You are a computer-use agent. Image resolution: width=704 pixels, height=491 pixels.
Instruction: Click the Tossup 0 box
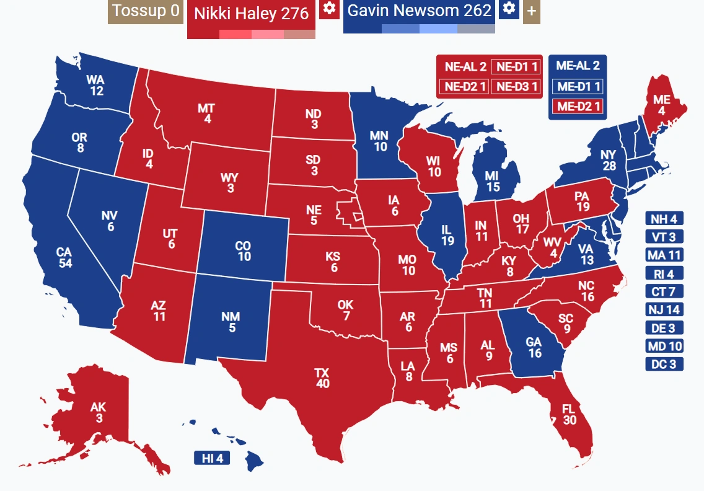146,12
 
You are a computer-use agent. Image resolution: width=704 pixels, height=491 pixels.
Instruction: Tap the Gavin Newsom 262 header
419,11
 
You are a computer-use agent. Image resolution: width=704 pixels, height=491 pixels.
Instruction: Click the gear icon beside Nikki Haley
329,9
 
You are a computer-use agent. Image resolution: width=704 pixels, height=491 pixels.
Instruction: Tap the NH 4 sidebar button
664,218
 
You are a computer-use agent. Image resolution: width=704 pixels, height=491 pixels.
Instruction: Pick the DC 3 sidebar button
664,364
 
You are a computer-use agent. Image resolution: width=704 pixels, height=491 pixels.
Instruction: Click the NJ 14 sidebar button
664,309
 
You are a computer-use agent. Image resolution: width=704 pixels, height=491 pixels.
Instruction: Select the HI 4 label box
212,459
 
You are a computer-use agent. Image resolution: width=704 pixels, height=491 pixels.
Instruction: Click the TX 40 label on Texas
322,378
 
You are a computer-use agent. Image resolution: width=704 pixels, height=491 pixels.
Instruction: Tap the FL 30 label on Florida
570,414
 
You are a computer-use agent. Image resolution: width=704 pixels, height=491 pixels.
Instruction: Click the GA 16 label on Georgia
534,347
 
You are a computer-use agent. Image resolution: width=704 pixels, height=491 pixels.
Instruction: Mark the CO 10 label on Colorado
244,251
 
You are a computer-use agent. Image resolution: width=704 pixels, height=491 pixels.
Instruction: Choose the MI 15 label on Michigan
493,181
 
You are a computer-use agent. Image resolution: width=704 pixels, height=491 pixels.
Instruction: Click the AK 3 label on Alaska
99,413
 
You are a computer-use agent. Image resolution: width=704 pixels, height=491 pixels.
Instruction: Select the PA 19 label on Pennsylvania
581,201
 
